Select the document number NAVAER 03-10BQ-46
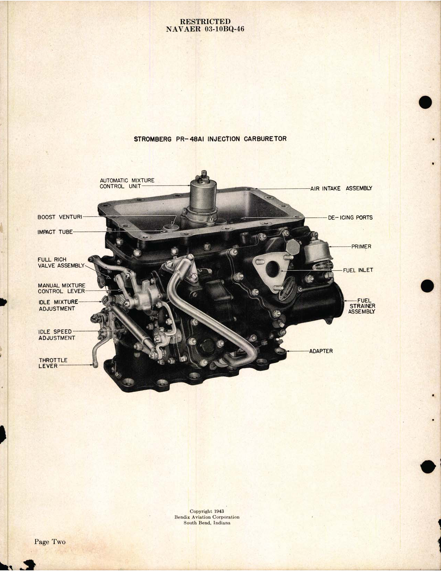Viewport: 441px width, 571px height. [205, 29]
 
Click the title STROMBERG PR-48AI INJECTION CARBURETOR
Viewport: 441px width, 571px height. [210, 139]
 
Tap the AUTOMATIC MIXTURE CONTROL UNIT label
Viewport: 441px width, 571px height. [127, 183]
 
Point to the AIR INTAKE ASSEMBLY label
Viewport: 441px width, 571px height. [341, 188]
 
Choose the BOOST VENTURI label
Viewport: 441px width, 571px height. [60, 217]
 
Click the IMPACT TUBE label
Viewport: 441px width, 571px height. [55, 232]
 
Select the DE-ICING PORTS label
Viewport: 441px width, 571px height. [350, 218]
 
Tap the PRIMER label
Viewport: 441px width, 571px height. [361, 247]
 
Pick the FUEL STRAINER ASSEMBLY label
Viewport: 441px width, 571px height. [362, 306]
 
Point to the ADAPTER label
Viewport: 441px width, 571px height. [321, 351]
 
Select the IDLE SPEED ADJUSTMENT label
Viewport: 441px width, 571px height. [56, 335]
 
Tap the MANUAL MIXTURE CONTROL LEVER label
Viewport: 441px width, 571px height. [61, 288]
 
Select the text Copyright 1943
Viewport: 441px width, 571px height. [206, 511]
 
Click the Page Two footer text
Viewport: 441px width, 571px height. [49, 542]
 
